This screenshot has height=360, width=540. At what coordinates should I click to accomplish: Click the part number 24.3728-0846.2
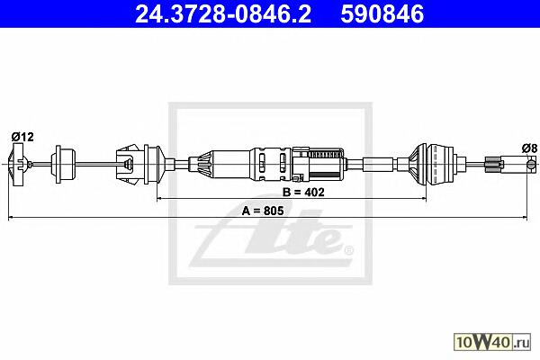click(x=223, y=14)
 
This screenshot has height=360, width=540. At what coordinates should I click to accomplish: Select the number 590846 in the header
click(x=382, y=14)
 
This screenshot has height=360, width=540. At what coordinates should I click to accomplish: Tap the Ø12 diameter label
click(x=22, y=137)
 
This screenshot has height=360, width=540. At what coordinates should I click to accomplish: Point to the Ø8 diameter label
click(x=529, y=148)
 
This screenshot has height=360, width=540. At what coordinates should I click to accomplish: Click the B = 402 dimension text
click(x=303, y=192)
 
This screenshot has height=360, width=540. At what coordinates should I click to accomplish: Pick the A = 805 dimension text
click(x=263, y=211)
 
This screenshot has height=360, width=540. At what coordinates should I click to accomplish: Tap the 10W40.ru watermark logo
click(x=492, y=342)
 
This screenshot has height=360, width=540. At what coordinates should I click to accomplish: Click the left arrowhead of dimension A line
click(x=10, y=218)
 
